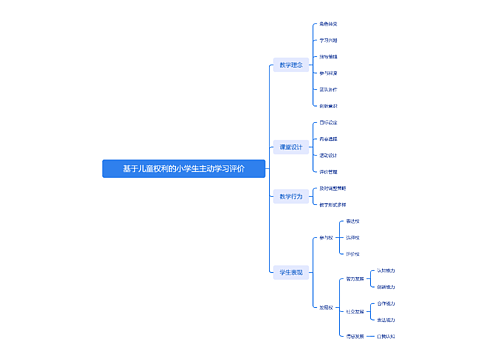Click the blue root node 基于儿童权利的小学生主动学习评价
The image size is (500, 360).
point(184,169)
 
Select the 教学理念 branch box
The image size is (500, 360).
point(290,65)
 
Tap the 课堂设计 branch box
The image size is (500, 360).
point(290,147)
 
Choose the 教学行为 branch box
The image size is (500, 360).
point(290,197)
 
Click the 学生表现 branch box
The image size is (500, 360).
point(290,271)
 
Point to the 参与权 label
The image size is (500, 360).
point(326,238)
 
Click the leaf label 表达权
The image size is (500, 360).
point(352,221)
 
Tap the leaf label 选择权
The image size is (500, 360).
point(352,238)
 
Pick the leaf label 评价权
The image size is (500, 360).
point(352,254)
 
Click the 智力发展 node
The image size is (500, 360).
point(353,279)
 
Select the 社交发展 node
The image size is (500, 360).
point(353,311)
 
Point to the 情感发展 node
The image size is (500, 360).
point(353,336)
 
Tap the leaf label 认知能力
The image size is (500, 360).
point(386,271)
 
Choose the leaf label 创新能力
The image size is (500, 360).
point(386,287)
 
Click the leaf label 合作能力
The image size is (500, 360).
point(386,303)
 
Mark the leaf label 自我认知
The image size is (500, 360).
point(386,336)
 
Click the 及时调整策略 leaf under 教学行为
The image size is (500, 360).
point(332,188)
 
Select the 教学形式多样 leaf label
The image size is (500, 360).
point(332,205)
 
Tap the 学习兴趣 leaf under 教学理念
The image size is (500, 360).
point(328,40)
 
